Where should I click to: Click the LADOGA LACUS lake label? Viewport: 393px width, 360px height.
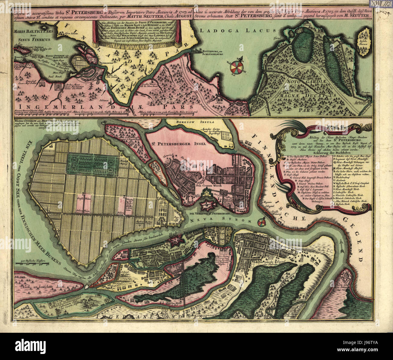(x=238, y=30)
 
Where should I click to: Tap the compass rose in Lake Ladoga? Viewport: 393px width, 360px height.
(x=236, y=67)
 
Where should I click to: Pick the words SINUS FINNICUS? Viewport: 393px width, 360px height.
(x=30, y=39)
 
